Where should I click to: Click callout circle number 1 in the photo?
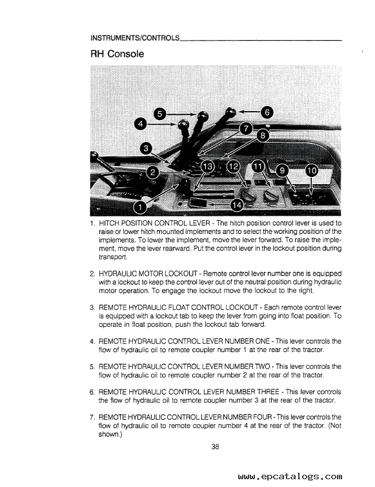tap(139, 207)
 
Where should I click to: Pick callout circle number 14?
tap(237, 205)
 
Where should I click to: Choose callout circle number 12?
tap(233, 167)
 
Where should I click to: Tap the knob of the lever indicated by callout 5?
tap(202, 116)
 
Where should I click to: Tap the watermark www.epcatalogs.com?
tap(290, 477)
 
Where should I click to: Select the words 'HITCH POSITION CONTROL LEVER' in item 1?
tap(153, 223)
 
